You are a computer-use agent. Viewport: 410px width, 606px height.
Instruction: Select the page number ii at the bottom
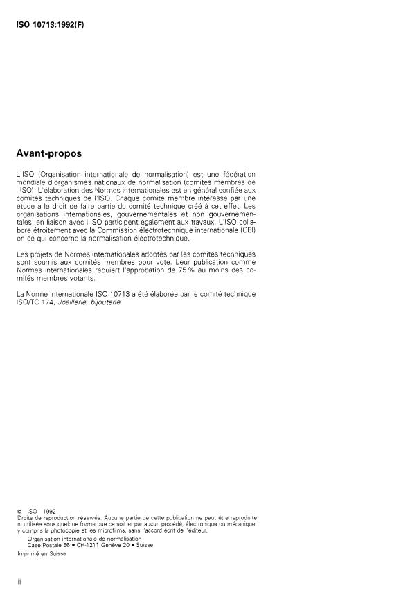[19, 581]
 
